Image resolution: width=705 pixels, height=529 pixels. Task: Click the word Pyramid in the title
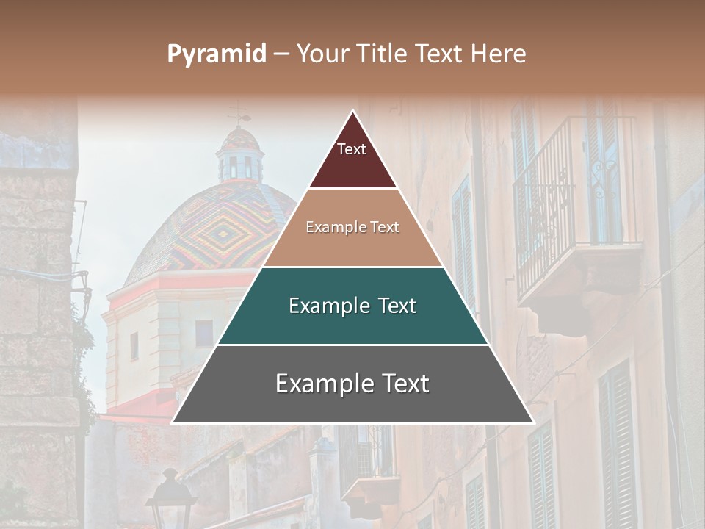[217, 54]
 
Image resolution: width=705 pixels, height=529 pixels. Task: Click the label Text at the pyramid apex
[352, 149]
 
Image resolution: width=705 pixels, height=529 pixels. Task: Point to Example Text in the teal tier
[352, 306]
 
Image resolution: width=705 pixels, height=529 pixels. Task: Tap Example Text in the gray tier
[352, 384]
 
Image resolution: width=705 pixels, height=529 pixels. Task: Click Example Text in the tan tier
[352, 227]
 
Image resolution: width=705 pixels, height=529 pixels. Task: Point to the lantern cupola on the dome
[240, 158]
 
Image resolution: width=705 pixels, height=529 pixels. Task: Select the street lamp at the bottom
[170, 500]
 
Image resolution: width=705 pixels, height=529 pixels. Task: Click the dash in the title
[281, 54]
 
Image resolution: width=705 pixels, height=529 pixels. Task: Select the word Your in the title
[324, 54]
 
